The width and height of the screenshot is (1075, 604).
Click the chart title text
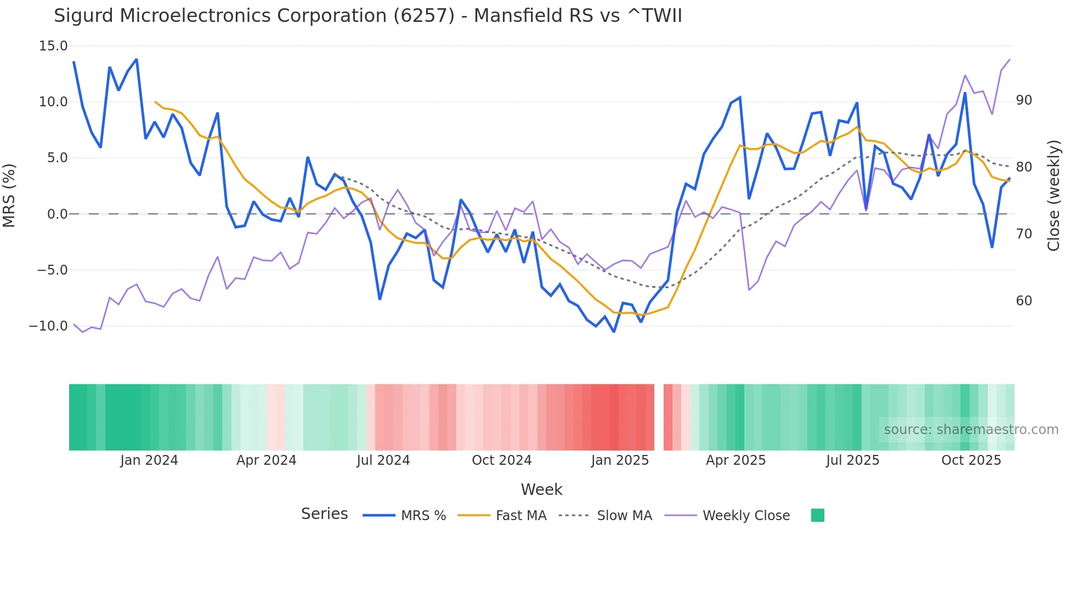click(367, 16)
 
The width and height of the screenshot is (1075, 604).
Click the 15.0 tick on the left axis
click(53, 46)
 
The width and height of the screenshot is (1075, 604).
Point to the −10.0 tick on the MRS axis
click(48, 326)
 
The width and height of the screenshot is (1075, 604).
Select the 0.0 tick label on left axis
click(57, 214)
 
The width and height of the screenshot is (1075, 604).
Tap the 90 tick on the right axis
click(1023, 100)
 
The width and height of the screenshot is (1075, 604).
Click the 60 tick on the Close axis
click(1023, 301)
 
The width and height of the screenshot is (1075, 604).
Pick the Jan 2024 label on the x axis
click(149, 460)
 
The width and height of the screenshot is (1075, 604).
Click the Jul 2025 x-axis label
click(852, 460)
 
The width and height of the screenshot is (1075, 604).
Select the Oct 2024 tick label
click(501, 460)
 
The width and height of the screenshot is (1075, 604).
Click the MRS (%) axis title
click(9, 195)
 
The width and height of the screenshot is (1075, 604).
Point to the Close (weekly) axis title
click(1054, 196)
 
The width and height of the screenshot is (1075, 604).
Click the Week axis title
click(541, 489)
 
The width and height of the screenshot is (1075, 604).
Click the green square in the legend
click(817, 515)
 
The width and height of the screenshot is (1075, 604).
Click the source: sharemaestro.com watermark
click(971, 430)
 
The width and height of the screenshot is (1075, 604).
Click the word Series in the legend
click(324, 514)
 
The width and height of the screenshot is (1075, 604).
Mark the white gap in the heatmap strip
click(659, 417)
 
